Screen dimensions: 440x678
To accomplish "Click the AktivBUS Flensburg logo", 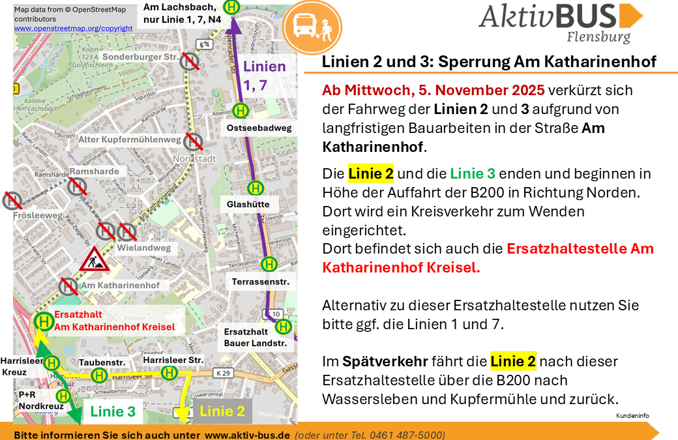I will (560, 22).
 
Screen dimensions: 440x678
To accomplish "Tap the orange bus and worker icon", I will (314, 27).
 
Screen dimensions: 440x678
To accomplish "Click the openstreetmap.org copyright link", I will (73, 29).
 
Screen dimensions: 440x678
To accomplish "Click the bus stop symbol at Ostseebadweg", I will (241, 111).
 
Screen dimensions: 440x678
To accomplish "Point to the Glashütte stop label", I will (248, 204).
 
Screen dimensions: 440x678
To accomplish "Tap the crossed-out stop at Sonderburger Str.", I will (190, 61).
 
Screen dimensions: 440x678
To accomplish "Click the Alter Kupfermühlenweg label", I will (129, 139).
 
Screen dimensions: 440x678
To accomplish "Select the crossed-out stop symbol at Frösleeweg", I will (12, 199).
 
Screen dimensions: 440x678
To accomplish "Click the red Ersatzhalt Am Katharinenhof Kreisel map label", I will (114, 321).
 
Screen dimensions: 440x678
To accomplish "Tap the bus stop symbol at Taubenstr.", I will (99, 375).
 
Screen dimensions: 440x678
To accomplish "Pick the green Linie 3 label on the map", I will (113, 411).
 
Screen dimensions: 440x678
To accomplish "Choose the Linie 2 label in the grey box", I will (222, 411).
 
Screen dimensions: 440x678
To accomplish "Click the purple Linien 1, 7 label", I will (264, 75).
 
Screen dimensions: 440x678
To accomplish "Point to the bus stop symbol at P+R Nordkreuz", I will (63, 396).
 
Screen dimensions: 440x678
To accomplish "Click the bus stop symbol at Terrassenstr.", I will (269, 264).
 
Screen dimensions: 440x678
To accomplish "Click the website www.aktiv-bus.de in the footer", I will (247, 435).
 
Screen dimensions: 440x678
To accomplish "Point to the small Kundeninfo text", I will (632, 415).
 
